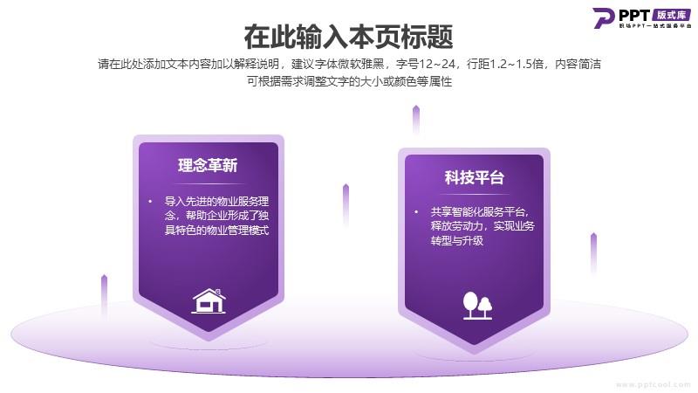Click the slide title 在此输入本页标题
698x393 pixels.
(348, 37)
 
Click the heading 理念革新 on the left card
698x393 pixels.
(208, 165)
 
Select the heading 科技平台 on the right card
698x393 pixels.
(474, 177)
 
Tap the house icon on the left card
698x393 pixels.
(209, 300)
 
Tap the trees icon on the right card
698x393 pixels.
(477, 306)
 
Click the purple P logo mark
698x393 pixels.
(603, 17)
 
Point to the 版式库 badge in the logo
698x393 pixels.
(672, 15)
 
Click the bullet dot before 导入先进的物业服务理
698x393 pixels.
(150, 202)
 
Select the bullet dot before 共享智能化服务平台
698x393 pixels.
(416, 211)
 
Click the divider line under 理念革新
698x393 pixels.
(209, 183)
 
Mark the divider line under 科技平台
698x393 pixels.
(475, 194)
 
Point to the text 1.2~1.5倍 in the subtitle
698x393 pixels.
(517, 64)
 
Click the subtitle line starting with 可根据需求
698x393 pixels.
(350, 81)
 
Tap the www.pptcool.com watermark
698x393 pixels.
(653, 384)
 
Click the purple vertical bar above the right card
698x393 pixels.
(416, 121)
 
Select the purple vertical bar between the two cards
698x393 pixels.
(346, 205)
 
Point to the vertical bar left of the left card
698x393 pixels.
(104, 297)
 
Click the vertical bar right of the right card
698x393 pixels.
(593, 253)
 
